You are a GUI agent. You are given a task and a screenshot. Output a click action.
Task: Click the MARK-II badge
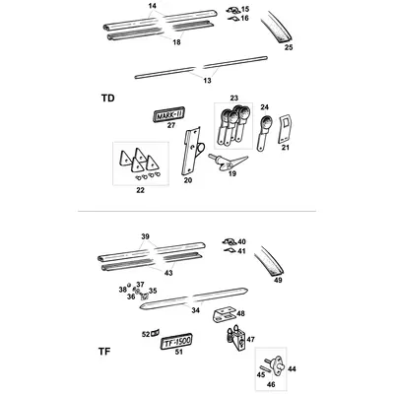tap(169, 114)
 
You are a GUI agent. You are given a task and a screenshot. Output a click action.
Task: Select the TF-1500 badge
tap(176, 342)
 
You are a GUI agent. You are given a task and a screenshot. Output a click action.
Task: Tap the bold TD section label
tap(108, 98)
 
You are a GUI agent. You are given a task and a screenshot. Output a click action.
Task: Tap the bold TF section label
tap(104, 352)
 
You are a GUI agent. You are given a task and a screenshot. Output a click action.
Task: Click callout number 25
tap(289, 47)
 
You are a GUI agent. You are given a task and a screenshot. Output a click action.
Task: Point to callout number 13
tap(208, 81)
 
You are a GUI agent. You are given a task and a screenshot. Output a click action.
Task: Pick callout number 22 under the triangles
tap(140, 190)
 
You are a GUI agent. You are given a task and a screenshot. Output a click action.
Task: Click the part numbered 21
tap(285, 129)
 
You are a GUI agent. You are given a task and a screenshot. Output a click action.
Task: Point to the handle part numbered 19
tap(229, 162)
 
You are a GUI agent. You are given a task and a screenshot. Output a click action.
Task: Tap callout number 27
tap(171, 125)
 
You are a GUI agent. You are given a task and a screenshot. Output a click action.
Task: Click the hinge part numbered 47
tap(236, 338)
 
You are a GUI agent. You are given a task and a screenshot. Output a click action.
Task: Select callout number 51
tap(178, 353)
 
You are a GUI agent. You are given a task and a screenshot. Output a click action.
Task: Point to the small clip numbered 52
tap(156, 334)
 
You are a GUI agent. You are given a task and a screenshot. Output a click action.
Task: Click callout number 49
tap(278, 281)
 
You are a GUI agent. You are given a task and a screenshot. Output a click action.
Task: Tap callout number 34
tap(195, 310)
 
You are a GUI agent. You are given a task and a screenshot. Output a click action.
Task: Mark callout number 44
tap(292, 369)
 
